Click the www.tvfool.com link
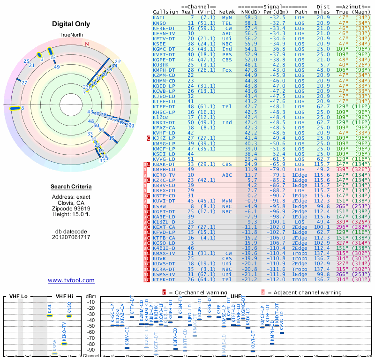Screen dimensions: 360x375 71,280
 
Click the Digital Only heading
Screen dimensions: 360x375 71,24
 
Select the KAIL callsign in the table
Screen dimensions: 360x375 159,17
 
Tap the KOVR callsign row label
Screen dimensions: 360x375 159,258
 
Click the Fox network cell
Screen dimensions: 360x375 227,69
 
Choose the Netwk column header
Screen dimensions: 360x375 227,11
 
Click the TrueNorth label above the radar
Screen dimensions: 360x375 71,35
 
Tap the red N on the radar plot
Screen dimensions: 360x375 87,44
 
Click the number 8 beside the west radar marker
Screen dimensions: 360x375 22,108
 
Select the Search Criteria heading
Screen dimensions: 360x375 71,187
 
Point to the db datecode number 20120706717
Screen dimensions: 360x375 71,237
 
